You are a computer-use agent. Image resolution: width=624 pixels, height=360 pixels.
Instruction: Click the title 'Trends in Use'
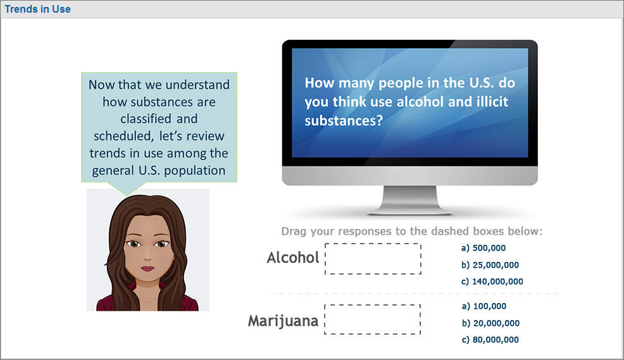coord(37,9)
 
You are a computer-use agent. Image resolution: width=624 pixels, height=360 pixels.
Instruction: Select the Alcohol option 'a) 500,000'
coord(483,248)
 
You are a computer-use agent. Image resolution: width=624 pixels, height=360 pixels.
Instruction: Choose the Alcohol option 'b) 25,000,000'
coord(490,265)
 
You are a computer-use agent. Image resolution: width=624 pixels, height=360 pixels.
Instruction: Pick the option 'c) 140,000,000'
coord(492,282)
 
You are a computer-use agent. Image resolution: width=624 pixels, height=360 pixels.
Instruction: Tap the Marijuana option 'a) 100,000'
coord(484,306)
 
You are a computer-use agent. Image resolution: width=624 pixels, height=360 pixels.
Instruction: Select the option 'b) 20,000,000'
coord(490,323)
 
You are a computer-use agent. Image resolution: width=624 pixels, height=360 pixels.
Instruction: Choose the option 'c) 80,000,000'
coord(490,340)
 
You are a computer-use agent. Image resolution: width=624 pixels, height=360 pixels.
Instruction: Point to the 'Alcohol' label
coord(293,258)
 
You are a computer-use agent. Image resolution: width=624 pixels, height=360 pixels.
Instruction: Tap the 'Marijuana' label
coord(283,321)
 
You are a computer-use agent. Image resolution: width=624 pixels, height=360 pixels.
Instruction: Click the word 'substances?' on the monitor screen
coord(344,121)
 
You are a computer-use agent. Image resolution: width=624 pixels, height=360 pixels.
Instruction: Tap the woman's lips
coord(147,268)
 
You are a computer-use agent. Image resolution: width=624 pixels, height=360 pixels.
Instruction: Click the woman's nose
coord(147,254)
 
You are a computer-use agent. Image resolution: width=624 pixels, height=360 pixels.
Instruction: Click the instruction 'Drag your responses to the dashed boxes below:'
coord(412,231)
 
